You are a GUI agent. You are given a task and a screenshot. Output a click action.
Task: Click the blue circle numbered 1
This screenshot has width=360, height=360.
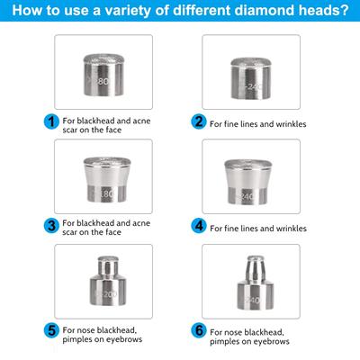(52, 121)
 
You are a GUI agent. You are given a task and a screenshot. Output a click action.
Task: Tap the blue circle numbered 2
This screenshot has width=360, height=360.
(198, 121)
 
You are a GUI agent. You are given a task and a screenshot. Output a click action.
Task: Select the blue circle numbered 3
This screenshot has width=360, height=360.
(52, 225)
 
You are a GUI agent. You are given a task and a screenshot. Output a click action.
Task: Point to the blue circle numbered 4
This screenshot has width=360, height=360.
(198, 225)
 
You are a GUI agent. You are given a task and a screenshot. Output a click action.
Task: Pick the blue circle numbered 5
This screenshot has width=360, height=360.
(52, 330)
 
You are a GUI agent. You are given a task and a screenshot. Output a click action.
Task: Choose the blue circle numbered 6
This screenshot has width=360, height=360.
(198, 330)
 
